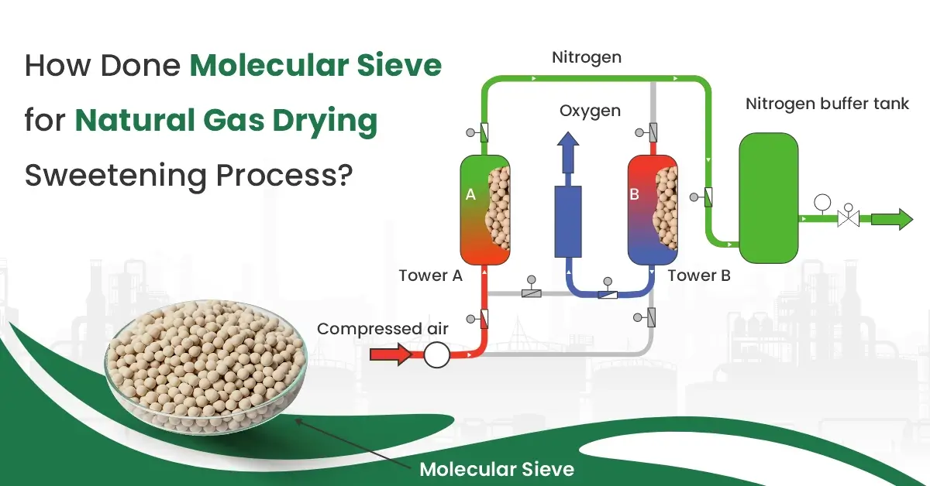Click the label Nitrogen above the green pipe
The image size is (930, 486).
pos(587,57)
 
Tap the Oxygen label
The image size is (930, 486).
pos(590,111)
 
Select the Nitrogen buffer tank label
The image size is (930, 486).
pos(827,104)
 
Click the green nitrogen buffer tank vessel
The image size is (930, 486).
pos(768,197)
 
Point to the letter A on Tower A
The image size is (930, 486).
pos(470,195)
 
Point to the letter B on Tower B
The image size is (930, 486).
pos(634,195)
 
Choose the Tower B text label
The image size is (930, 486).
pos(698,275)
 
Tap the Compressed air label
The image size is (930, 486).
pos(383,329)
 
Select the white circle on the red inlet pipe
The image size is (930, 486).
pos(436,355)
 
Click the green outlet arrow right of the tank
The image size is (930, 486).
pos(891,220)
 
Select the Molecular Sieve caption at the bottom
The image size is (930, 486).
pos(497,468)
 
